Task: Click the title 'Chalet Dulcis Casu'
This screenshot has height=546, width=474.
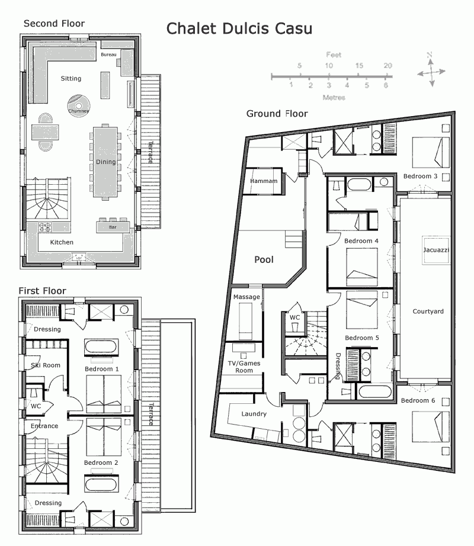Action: tap(239, 28)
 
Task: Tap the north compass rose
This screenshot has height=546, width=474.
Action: tap(431, 69)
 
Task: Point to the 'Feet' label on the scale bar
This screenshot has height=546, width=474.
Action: tap(334, 54)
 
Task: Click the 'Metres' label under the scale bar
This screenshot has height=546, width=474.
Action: tap(334, 97)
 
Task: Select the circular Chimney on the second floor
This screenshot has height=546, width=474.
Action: tap(78, 105)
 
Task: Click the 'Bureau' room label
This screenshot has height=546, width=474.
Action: tap(109, 54)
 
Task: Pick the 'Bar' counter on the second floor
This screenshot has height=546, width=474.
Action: tap(113, 227)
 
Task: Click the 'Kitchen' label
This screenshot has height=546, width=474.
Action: tap(62, 242)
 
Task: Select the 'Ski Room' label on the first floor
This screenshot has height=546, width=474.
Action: tap(46, 365)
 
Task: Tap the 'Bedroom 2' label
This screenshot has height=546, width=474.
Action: tap(101, 463)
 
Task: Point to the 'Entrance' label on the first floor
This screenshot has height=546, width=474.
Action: tap(44, 426)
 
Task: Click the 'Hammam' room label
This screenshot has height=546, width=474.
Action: tap(264, 181)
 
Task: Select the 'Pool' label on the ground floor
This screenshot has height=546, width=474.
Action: tap(264, 259)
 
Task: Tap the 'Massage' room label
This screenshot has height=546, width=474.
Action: tap(246, 296)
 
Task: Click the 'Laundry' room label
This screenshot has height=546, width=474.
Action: tap(254, 414)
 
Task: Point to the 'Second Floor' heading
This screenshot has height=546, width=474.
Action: tap(54, 24)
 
